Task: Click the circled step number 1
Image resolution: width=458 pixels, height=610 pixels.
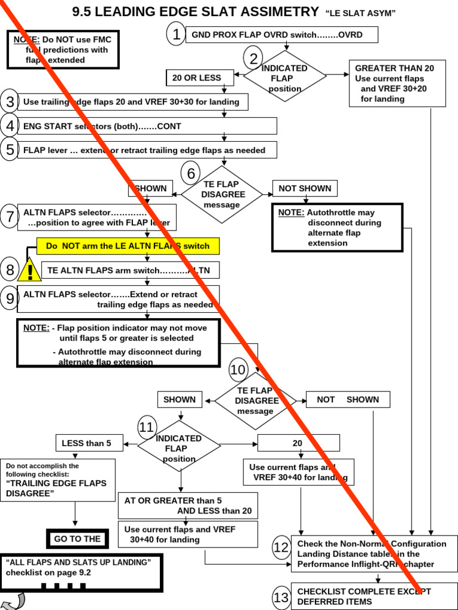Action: point(176,35)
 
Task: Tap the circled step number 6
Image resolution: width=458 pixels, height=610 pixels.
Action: point(191,173)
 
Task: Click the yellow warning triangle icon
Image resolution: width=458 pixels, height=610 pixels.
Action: point(29,271)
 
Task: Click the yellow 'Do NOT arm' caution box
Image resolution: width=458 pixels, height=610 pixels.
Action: point(128,246)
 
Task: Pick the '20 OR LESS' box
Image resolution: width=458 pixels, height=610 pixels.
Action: point(196,77)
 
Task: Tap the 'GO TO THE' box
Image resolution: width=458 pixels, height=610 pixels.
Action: point(78,539)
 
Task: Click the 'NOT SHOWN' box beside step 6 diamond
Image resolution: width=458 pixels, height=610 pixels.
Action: point(305,189)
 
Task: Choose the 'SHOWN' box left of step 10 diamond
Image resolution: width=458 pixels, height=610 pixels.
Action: point(180,400)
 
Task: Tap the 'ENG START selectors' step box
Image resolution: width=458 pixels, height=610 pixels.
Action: point(147,126)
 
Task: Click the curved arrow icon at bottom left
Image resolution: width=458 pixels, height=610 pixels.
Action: point(13,601)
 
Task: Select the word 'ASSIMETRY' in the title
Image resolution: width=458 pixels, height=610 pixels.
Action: point(267,11)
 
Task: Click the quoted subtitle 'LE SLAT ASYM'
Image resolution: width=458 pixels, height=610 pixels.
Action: point(361,13)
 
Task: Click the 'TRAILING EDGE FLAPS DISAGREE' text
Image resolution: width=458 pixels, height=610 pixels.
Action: point(56,488)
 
